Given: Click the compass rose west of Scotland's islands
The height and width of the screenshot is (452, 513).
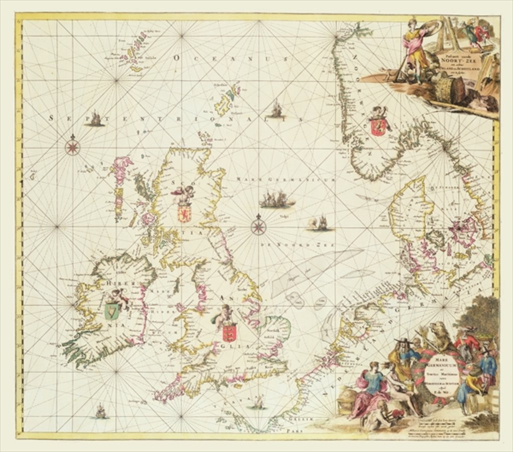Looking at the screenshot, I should [x=73, y=146].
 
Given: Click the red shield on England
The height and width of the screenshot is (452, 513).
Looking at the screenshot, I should [x=229, y=333].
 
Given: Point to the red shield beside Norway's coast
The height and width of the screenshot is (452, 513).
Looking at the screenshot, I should [x=377, y=127].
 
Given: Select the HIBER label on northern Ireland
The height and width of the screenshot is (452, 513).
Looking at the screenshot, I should [x=116, y=284].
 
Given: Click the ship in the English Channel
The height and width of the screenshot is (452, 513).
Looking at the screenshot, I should [x=259, y=402].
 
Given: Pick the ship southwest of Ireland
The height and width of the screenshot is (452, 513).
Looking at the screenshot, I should [x=101, y=411].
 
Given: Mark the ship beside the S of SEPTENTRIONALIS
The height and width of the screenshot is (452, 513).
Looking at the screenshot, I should [x=95, y=119].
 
